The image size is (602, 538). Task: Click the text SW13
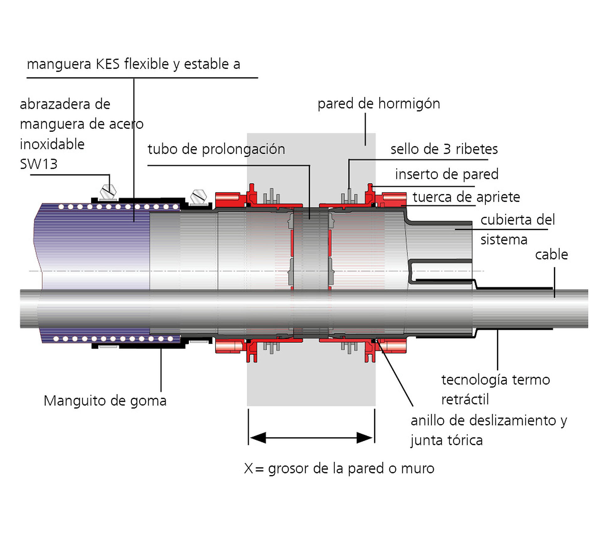pos(39,164)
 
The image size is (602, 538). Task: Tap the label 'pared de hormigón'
pos(379,104)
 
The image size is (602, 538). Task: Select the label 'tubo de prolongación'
pos(216,149)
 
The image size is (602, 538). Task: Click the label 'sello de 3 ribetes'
pos(444,149)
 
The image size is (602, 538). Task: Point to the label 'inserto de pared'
pos(446,174)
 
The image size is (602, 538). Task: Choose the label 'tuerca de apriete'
pos(466,197)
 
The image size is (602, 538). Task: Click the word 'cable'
pos(552,254)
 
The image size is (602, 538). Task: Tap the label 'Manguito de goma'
pos(105,401)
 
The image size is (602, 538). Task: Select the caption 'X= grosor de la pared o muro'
pos(339,468)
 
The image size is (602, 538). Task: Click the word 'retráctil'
pos(465,400)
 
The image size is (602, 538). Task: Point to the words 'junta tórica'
pos(447,440)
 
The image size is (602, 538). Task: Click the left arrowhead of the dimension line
pos(258,438)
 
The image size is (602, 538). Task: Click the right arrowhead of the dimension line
pos(365,438)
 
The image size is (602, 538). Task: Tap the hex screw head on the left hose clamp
pos(108,191)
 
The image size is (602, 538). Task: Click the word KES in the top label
pos(108,64)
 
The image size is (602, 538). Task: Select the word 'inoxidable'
pos(52,144)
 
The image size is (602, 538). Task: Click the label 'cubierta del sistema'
pos(517,230)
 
